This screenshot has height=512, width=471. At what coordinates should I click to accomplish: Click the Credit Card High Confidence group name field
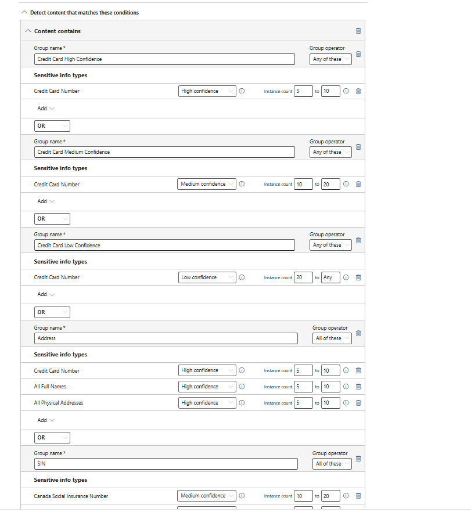click(x=165, y=59)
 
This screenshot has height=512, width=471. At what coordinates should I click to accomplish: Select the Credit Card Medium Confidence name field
click(x=165, y=152)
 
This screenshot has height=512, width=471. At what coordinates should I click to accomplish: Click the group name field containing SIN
click(x=166, y=464)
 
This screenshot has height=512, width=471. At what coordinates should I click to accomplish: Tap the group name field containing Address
click(x=166, y=338)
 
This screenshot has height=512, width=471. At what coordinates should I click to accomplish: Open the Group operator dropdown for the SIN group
click(x=332, y=464)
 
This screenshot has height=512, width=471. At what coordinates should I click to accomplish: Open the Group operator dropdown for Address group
click(x=332, y=338)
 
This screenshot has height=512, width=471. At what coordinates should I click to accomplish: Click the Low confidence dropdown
click(x=207, y=277)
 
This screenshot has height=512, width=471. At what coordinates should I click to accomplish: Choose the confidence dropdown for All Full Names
click(x=207, y=387)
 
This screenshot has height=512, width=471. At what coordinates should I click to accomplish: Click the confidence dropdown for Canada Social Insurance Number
click(x=207, y=496)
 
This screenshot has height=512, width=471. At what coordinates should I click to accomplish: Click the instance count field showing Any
click(x=330, y=277)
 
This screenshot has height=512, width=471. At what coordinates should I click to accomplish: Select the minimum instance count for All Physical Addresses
click(x=303, y=403)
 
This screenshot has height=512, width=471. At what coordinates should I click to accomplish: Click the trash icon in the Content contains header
click(x=358, y=31)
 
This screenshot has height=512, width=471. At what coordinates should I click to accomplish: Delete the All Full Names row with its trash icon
click(x=358, y=387)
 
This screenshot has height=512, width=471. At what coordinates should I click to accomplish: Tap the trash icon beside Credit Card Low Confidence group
click(x=358, y=240)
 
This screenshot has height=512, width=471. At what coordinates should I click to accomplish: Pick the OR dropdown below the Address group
click(x=52, y=437)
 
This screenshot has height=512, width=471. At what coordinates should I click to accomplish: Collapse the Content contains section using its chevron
click(x=28, y=31)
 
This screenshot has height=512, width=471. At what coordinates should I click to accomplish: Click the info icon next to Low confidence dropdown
click(x=242, y=277)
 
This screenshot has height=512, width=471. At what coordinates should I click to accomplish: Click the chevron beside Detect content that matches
click(x=24, y=12)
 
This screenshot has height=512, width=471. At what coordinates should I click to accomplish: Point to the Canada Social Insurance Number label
click(x=71, y=496)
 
